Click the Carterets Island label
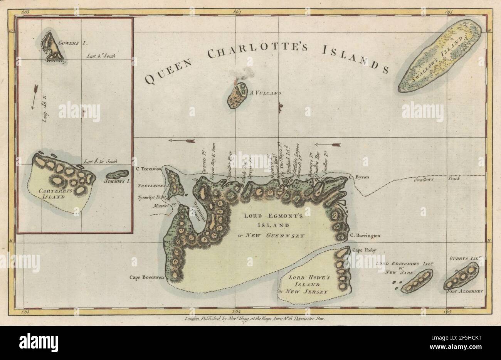[x=53, y=193]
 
